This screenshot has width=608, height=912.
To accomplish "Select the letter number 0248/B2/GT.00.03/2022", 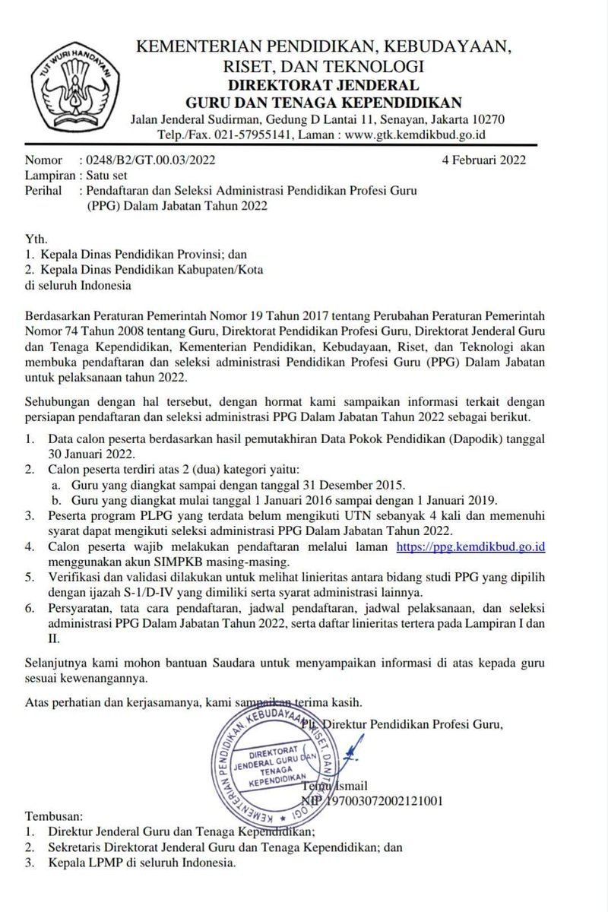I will (x=146, y=160).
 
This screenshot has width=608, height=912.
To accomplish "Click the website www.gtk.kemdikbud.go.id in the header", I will (x=416, y=135).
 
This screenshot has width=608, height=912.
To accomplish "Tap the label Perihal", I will (x=43, y=188).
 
